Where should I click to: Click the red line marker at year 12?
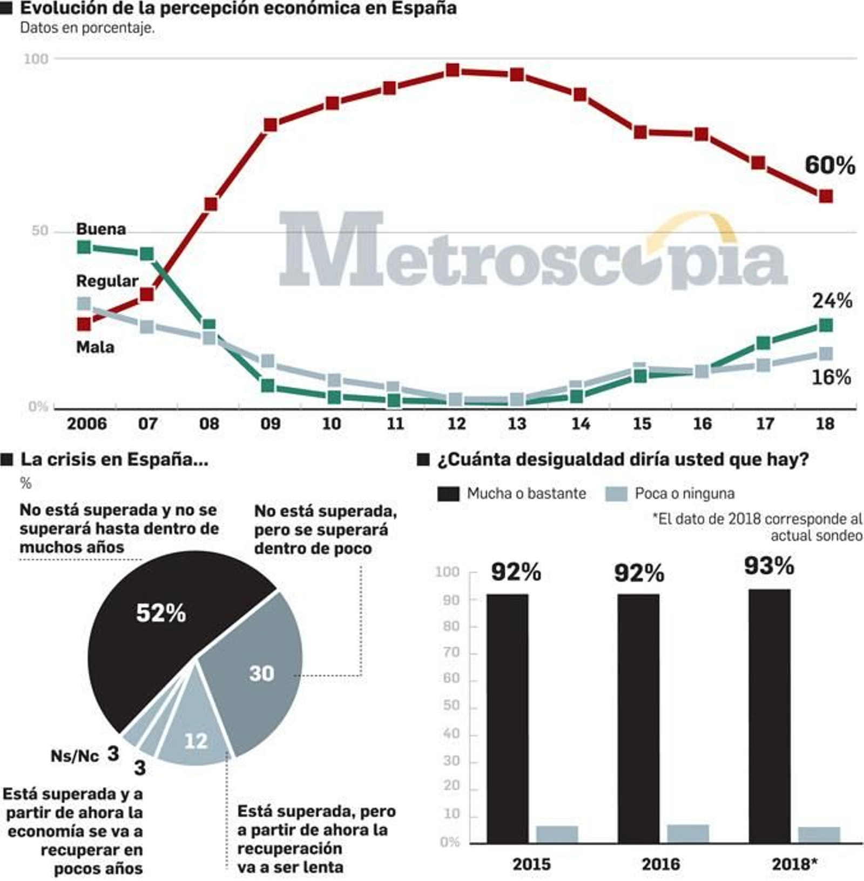click(453, 70)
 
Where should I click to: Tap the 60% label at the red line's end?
click(829, 165)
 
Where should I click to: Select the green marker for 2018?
click(825, 325)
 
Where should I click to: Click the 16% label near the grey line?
click(831, 378)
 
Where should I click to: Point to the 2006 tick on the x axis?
click(86, 424)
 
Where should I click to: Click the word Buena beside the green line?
click(101, 229)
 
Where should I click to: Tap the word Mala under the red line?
click(95, 347)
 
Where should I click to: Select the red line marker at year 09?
click(270, 125)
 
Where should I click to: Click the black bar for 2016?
click(638, 718)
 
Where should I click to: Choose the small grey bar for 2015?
click(557, 833)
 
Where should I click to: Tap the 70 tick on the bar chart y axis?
click(451, 653)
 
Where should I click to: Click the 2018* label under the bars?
click(794, 864)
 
